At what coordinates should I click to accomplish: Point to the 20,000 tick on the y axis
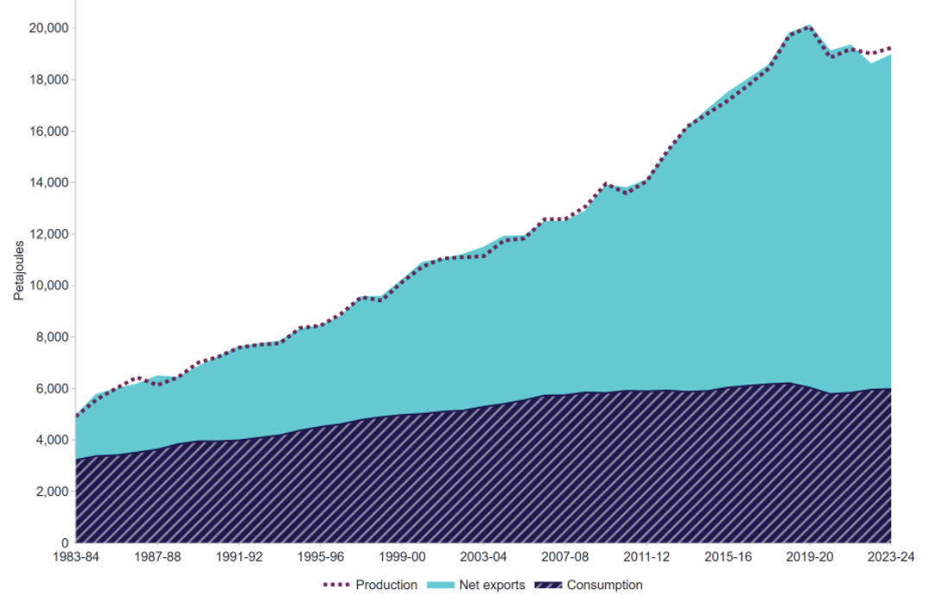coord(48,28)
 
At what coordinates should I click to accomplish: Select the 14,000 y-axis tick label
coord(48,182)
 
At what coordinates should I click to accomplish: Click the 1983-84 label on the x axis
coord(75,557)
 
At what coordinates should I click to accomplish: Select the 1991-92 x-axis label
coord(239,557)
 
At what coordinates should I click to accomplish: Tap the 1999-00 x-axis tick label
coord(402,557)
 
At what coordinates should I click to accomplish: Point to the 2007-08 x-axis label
coord(565,557)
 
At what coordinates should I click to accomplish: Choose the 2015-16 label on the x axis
coord(728,557)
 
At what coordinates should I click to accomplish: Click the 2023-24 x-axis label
coord(890,557)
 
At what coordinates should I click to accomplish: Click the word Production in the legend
coord(386,585)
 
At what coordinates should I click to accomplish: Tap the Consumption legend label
coord(604,585)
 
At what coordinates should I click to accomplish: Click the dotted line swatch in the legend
coord(337,585)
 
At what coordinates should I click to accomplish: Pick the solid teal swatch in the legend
coord(441,585)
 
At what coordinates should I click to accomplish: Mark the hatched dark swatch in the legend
coord(548,585)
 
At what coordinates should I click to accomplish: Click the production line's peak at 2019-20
coord(809,27)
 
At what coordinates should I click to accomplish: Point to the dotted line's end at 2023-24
coord(890,48)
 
